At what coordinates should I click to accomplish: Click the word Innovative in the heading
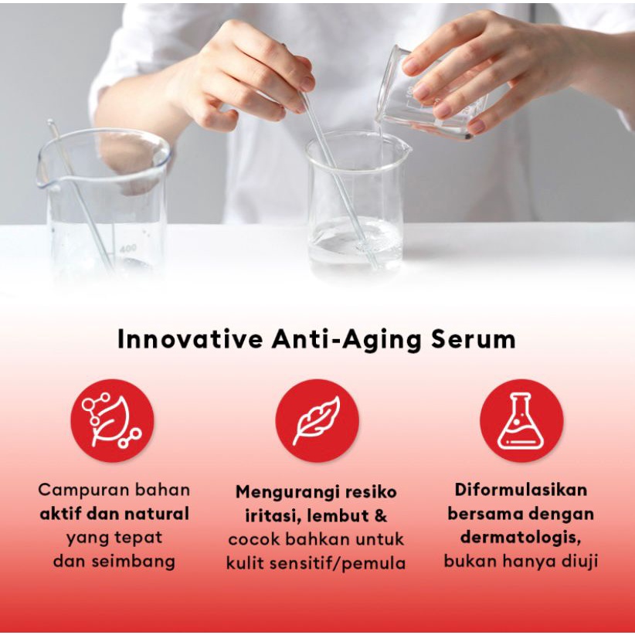tap(189, 339)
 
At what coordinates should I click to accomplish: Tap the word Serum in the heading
tap(473, 339)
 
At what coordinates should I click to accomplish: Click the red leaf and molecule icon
tap(112, 420)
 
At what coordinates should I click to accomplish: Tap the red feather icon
tap(317, 420)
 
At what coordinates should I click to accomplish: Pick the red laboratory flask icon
tap(521, 420)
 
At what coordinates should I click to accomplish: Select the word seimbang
tap(133, 562)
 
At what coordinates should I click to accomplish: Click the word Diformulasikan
tap(521, 490)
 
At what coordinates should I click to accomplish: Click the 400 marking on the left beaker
tap(128, 249)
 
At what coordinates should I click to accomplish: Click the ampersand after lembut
tap(381, 516)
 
